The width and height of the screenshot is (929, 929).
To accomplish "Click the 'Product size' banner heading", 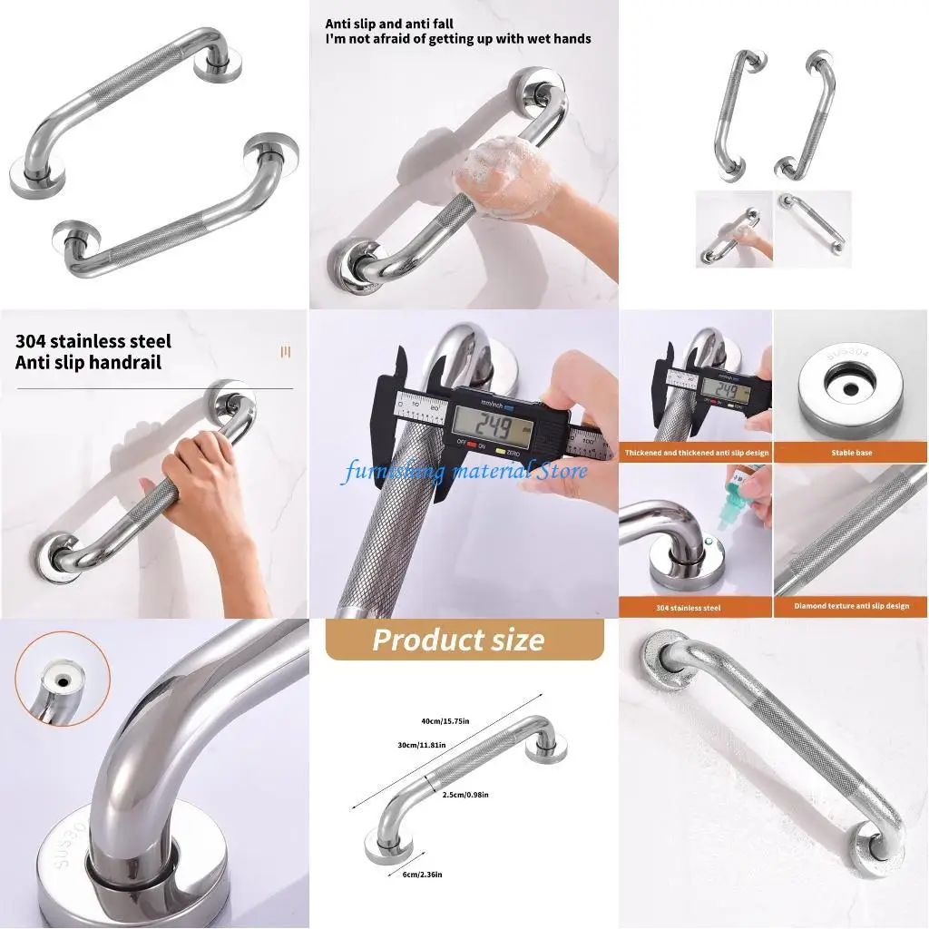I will (x=458, y=641).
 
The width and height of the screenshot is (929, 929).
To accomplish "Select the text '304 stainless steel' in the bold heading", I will (x=93, y=342).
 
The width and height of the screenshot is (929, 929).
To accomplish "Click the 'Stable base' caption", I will (x=851, y=452).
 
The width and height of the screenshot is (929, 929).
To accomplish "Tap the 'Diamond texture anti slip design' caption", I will (x=851, y=606).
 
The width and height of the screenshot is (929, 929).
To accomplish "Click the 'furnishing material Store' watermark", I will (x=464, y=471).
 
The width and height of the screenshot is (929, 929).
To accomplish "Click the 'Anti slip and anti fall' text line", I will (x=390, y=24).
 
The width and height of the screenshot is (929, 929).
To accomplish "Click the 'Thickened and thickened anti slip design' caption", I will (x=696, y=452).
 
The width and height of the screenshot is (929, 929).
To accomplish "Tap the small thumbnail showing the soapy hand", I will (x=734, y=229).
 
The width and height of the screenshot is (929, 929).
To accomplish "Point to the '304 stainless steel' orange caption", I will (x=696, y=607).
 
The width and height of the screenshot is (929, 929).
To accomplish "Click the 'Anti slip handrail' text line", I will (x=89, y=363).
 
